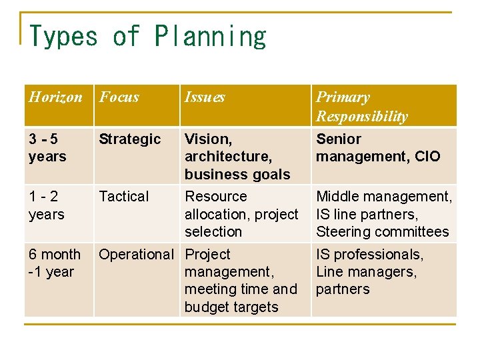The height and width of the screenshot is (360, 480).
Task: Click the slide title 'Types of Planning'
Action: pyautogui.click(x=148, y=36)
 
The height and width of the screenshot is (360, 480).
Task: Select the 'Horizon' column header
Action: pyautogui.click(x=55, y=97)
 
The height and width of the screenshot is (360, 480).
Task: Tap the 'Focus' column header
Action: pyautogui.click(x=119, y=97)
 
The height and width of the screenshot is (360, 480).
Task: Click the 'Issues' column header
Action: pyautogui.click(x=205, y=97)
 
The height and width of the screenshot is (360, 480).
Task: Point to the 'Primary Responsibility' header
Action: pyautogui.click(x=361, y=107)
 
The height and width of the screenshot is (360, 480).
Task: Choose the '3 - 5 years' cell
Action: pyautogui.click(x=47, y=148)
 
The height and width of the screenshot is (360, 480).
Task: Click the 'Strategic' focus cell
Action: pyautogui.click(x=130, y=139)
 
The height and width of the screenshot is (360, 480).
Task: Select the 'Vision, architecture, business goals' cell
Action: pyautogui.click(x=237, y=157)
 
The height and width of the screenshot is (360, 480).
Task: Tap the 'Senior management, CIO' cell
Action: pyautogui.click(x=378, y=148)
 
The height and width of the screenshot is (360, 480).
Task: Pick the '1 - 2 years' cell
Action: pyautogui.click(x=46, y=205)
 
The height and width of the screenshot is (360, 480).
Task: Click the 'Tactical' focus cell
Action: pyautogui.click(x=124, y=197)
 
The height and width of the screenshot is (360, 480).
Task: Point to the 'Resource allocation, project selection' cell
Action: pyautogui.click(x=241, y=214)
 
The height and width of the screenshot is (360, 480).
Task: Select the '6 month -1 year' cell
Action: pyautogui.click(x=54, y=263)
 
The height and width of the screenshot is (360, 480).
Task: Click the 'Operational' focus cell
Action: pyautogui.click(x=136, y=255)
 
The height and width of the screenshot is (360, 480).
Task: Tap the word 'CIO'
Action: pyautogui.click(x=427, y=157)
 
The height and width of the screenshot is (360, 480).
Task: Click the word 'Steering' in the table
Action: pyautogui.click(x=343, y=232)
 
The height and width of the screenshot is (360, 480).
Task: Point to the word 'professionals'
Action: pyautogui.click(x=379, y=255)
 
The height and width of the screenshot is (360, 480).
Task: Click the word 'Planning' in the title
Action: pyautogui.click(x=211, y=36)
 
